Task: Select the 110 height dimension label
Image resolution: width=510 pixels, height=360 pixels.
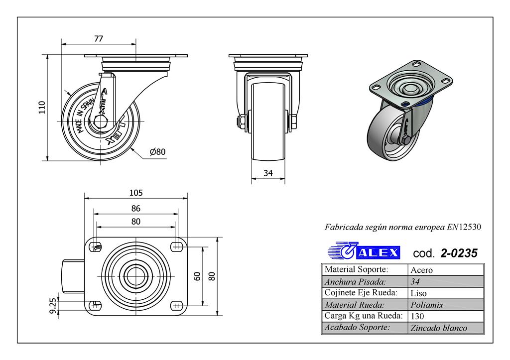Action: tap(42, 108)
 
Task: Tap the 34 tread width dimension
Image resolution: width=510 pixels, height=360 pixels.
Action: tap(268, 173)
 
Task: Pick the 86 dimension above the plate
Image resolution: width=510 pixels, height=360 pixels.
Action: tap(135, 208)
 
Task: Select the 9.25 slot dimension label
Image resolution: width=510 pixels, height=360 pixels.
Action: tap(51, 305)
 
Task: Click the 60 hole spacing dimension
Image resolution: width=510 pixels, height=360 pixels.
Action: tap(197, 275)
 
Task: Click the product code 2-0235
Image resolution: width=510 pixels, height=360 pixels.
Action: tap(459, 253)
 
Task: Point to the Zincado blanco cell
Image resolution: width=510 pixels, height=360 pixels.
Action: tap(439, 328)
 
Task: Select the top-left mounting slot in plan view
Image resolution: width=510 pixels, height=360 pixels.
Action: tap(97, 245)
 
